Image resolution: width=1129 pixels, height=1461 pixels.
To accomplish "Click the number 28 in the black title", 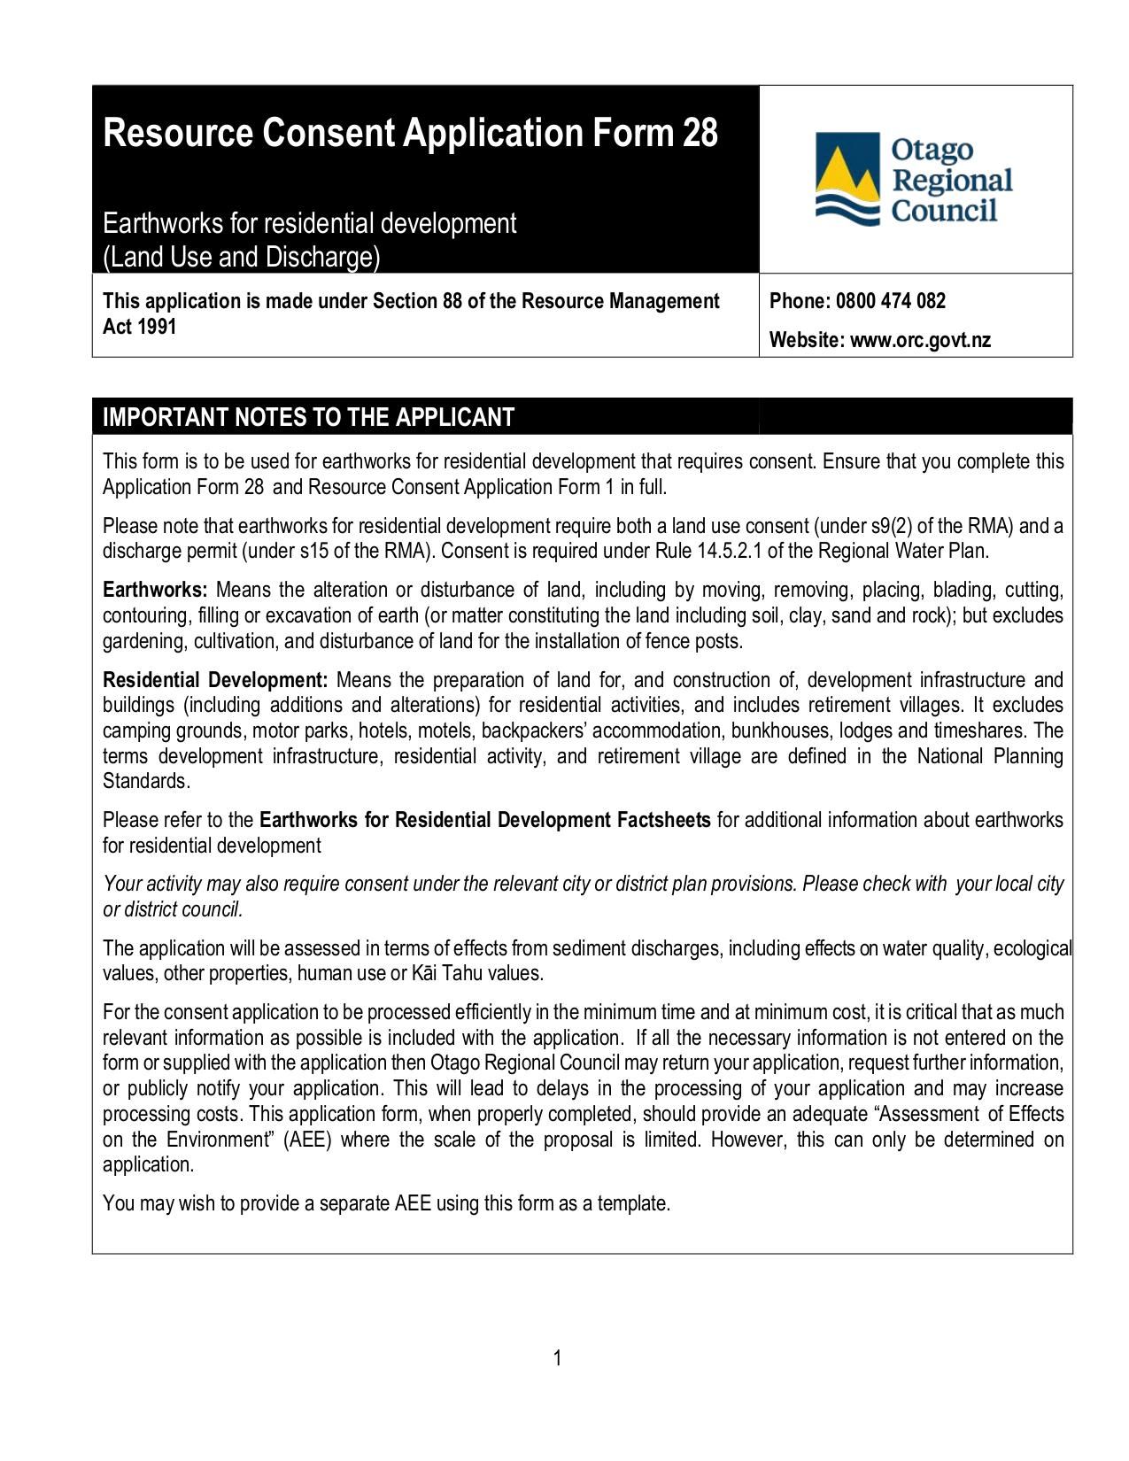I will pos(700,134).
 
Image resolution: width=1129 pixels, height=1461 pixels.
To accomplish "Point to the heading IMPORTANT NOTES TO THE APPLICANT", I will pos(308,417).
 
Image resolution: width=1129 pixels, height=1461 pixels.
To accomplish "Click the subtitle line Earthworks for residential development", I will pos(309,223).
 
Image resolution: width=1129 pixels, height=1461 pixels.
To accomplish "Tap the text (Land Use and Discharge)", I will pos(241,258).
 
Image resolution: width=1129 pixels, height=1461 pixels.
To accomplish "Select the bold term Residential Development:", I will pos(216,681).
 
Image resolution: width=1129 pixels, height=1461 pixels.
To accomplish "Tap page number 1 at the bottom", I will pos(558,1358).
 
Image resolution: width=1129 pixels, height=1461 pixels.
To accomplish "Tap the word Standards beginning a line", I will pos(145,782).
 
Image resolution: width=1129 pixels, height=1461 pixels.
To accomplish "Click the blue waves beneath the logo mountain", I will pos(846,209).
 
